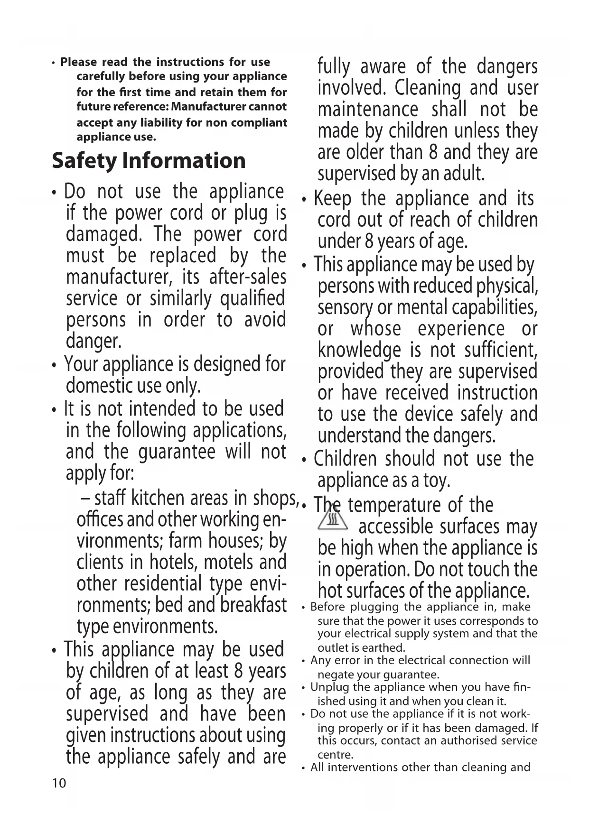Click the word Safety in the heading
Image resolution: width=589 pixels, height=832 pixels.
tap(84, 161)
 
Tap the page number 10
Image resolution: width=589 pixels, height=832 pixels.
tap(59, 783)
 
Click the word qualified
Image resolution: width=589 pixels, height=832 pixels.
tap(252, 298)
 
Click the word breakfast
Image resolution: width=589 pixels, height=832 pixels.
tap(253, 605)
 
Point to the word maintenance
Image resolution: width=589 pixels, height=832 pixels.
tap(368, 110)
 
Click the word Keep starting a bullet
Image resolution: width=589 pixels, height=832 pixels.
tap(333, 198)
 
